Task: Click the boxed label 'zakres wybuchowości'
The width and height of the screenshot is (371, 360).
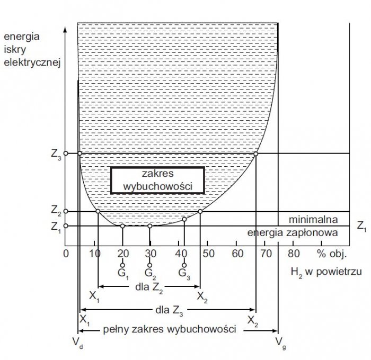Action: pyautogui.click(x=157, y=181)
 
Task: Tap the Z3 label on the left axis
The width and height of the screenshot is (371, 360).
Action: pyautogui.click(x=56, y=155)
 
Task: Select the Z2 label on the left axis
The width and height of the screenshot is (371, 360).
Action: pyautogui.click(x=56, y=210)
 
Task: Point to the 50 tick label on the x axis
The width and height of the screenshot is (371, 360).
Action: pyautogui.click(x=208, y=254)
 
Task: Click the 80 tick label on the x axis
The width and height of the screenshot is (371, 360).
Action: pyautogui.click(x=294, y=254)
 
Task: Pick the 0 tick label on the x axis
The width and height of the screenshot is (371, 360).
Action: pyautogui.click(x=66, y=254)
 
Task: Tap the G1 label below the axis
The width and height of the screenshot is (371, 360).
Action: pyautogui.click(x=123, y=274)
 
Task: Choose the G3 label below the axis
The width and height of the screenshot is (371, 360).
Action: pyautogui.click(x=184, y=274)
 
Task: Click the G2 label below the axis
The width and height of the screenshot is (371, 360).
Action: pyautogui.click(x=150, y=274)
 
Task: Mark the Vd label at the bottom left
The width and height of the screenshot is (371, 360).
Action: pyautogui.click(x=77, y=343)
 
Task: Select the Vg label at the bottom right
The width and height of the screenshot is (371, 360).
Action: pyautogui.click(x=280, y=343)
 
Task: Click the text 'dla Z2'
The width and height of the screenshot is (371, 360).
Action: pyautogui.click(x=149, y=287)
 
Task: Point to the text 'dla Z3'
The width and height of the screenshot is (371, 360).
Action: pyautogui.click(x=169, y=311)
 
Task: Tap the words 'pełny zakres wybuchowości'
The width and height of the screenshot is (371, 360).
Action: pyautogui.click(x=170, y=329)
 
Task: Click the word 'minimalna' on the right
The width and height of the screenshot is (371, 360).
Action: pyautogui.click(x=313, y=220)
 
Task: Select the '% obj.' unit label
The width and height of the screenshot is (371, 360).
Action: pyautogui.click(x=331, y=254)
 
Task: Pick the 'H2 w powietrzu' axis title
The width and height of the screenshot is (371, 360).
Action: pyautogui.click(x=326, y=272)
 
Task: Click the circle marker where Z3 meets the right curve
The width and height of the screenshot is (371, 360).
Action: pyautogui.click(x=255, y=154)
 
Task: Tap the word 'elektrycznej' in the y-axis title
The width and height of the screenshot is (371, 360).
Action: pyautogui.click(x=32, y=62)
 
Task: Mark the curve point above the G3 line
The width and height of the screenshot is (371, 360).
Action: pyautogui.click(x=184, y=219)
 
